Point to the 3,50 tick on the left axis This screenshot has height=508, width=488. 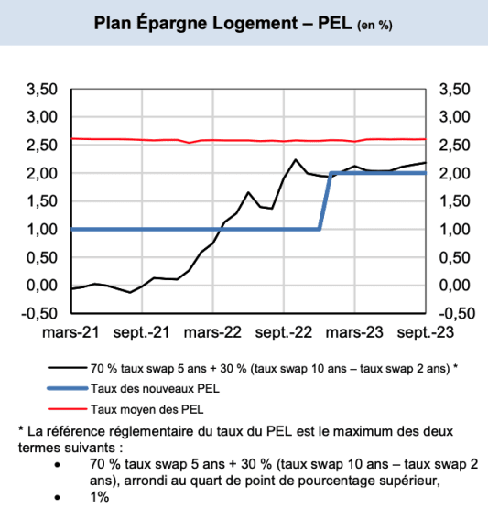pyautogui.click(x=43, y=89)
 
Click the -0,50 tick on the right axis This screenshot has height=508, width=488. pyautogui.click(x=455, y=313)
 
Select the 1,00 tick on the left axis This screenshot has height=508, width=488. pyautogui.click(x=43, y=229)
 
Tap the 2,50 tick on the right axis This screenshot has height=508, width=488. pyautogui.click(x=455, y=145)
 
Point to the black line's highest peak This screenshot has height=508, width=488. pyautogui.click(x=296, y=160)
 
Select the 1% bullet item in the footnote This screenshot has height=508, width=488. pyautogui.click(x=99, y=497)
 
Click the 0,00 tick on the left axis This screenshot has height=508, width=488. pyautogui.click(x=43, y=285)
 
